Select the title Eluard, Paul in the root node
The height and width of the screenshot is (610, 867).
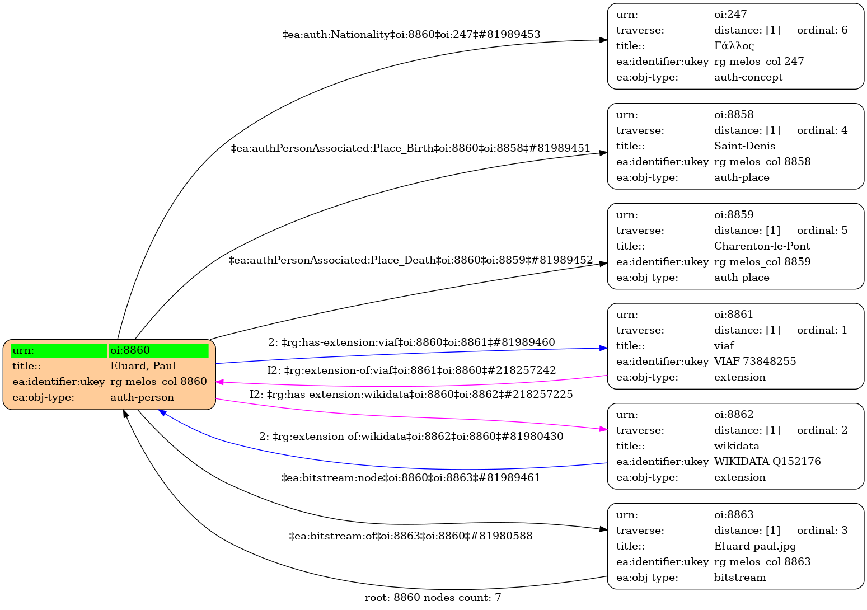click(143, 366)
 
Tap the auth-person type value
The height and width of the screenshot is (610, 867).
click(142, 397)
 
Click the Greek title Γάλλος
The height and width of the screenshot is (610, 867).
click(734, 46)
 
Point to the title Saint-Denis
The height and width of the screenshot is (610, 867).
click(744, 146)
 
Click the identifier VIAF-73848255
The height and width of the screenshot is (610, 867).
click(754, 362)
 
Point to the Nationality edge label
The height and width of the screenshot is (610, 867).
click(411, 35)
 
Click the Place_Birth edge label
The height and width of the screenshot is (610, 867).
click(410, 148)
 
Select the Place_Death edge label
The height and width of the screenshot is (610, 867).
click(410, 260)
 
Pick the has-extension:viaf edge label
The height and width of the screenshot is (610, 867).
click(411, 342)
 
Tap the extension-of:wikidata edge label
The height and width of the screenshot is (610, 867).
click(411, 437)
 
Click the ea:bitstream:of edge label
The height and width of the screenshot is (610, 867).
click(410, 536)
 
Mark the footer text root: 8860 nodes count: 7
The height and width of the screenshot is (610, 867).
click(433, 598)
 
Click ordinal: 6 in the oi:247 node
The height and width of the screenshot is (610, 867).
click(822, 30)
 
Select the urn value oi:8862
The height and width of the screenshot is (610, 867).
click(734, 415)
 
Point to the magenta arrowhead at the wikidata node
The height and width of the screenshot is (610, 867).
click(603, 429)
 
